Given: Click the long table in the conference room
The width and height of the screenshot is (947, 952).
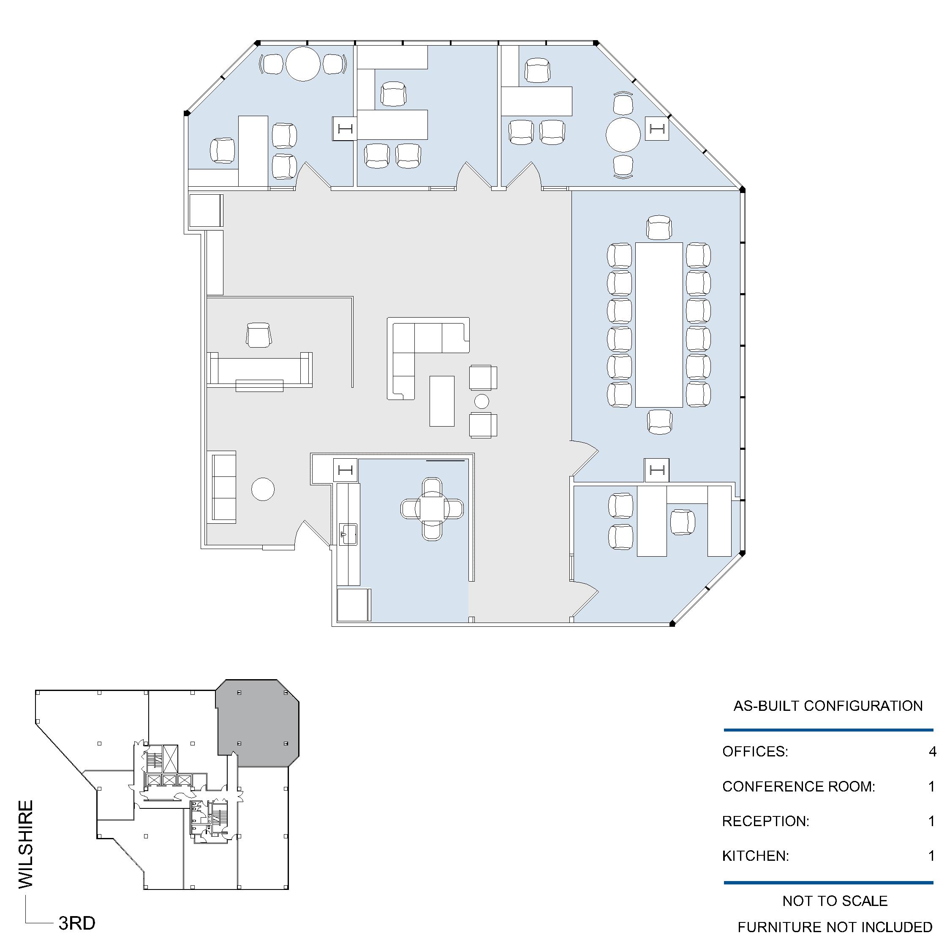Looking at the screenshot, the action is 659,325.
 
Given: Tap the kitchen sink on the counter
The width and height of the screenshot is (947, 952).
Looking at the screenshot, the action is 349,535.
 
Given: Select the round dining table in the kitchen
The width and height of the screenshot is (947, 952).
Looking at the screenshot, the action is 432,509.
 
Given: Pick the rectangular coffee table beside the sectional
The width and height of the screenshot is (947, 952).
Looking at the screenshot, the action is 442,401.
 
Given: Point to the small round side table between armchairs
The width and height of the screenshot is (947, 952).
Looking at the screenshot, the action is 482,402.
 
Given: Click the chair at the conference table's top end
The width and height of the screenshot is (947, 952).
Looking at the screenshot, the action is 659,227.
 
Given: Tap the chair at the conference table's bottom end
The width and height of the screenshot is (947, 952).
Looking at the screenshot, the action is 659,422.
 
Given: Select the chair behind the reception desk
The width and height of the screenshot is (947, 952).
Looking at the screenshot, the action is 259,335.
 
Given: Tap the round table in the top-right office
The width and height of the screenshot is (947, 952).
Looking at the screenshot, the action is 623,134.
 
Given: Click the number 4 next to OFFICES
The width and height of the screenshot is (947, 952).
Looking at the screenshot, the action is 932,751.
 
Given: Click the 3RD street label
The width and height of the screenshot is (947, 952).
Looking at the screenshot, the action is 77,923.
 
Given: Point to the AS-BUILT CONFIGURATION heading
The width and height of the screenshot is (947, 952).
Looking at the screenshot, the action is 828,706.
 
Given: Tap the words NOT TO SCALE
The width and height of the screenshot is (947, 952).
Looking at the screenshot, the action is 835,901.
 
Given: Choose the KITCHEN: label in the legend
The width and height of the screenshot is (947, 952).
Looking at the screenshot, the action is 755,856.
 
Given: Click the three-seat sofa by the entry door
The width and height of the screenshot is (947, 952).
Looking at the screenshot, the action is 224,487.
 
